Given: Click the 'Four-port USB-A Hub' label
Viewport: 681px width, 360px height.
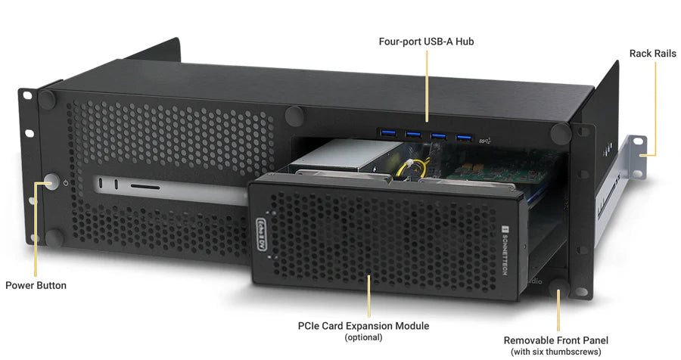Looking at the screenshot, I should pos(426,41).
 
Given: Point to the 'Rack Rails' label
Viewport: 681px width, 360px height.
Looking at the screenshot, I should pos(653,54).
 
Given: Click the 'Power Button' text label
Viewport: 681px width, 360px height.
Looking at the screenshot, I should pos(36,286).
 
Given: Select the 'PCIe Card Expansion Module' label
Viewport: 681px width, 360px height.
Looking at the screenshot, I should pos(363,326).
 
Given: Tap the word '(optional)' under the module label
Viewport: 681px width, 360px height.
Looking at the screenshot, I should pos(363,337).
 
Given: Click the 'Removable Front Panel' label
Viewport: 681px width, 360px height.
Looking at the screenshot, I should pos(556,340).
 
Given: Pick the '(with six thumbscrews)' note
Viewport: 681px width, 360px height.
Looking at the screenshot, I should pos(556,352).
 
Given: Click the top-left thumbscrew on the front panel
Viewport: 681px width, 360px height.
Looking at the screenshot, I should pos(48,99).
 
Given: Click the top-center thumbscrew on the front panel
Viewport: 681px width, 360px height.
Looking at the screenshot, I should pos(294,116).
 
